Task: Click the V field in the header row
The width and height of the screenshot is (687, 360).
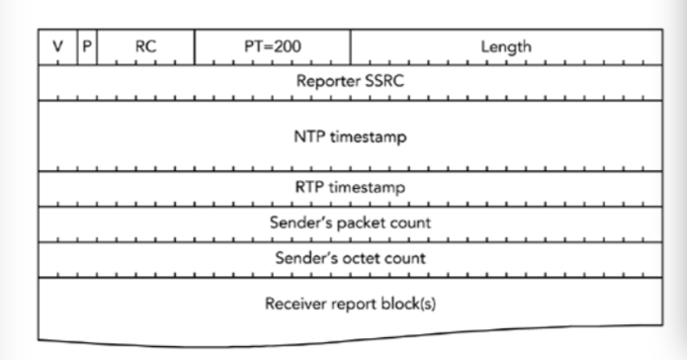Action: pos(57,46)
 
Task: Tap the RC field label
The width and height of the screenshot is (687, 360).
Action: pos(146,46)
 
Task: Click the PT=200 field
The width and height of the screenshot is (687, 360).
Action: pos(272,46)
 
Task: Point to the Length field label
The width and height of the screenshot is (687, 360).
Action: pos(505,46)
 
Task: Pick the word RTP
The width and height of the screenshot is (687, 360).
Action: pos(311,188)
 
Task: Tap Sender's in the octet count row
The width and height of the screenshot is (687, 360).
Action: pos(303,258)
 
